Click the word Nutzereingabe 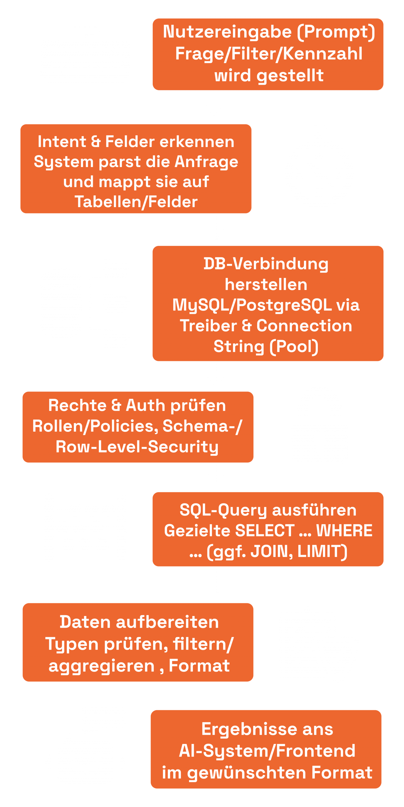pyautogui.click(x=227, y=32)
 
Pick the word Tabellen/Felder pyautogui.click(x=136, y=202)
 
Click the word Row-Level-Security pyautogui.click(x=137, y=447)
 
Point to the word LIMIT pyautogui.click(x=321, y=551)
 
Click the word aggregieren pyautogui.click(x=101, y=666)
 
